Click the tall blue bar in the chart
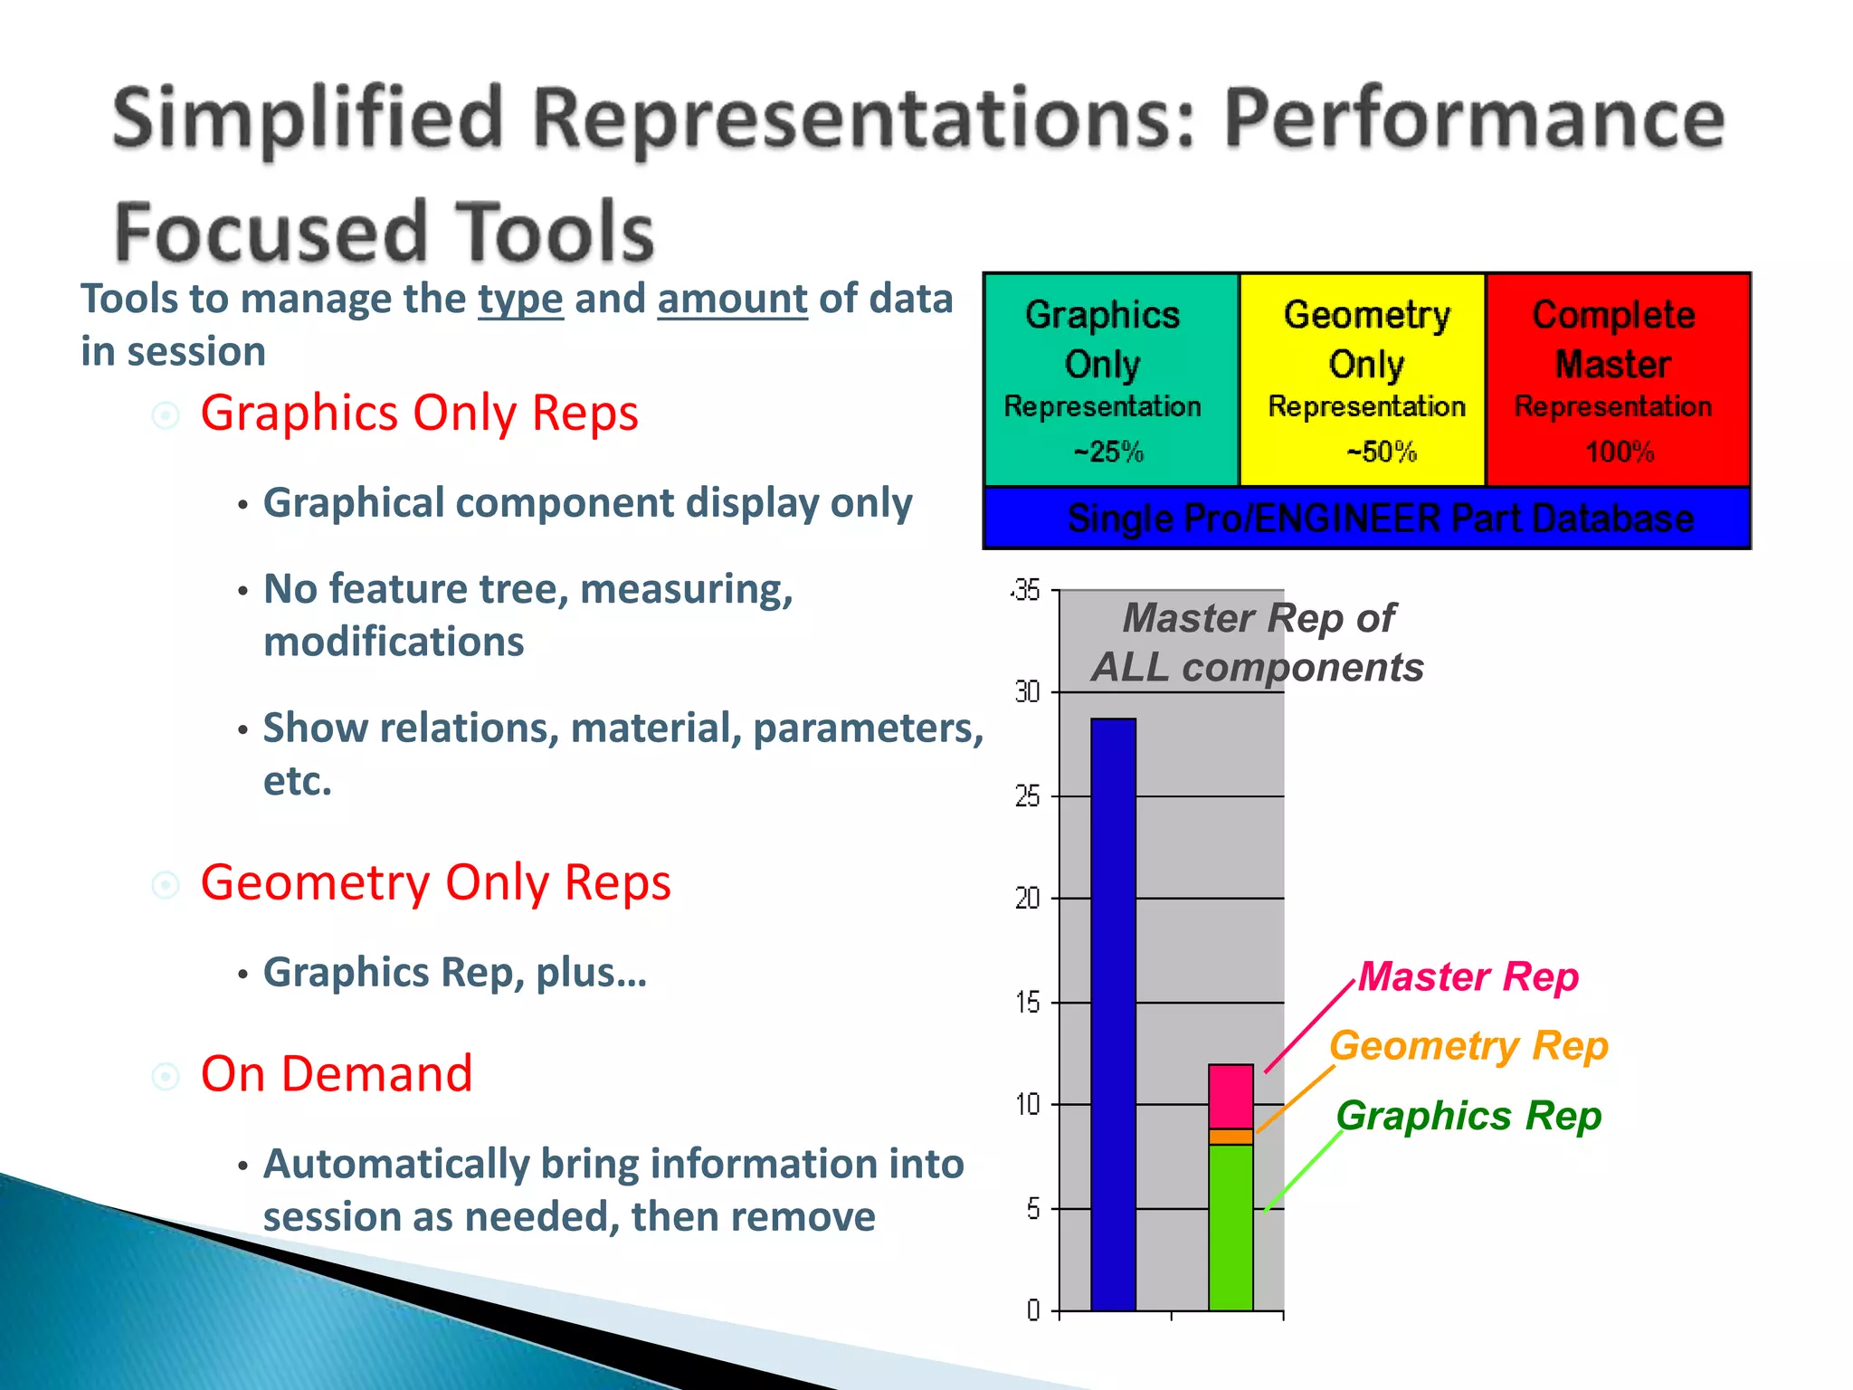coord(1113,1014)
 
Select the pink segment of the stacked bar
coord(1231,1096)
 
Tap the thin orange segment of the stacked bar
coord(1231,1137)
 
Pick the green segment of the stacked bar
coord(1231,1226)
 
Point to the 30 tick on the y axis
coord(1027,692)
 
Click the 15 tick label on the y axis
coord(1027,1003)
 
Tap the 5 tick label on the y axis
coord(1032,1209)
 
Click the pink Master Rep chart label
coord(1468,976)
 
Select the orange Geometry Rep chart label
coord(1468,1045)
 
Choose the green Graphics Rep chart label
coord(1468,1115)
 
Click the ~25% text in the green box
coord(1108,451)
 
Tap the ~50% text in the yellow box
coord(1381,451)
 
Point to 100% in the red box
coord(1619,451)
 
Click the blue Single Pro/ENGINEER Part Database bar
coord(1379,519)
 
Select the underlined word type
coord(520,300)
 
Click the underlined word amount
coord(732,300)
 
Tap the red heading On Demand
coord(337,1074)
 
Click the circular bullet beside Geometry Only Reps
coord(166,884)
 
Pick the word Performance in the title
coord(1474,120)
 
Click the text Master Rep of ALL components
coord(1258,643)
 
